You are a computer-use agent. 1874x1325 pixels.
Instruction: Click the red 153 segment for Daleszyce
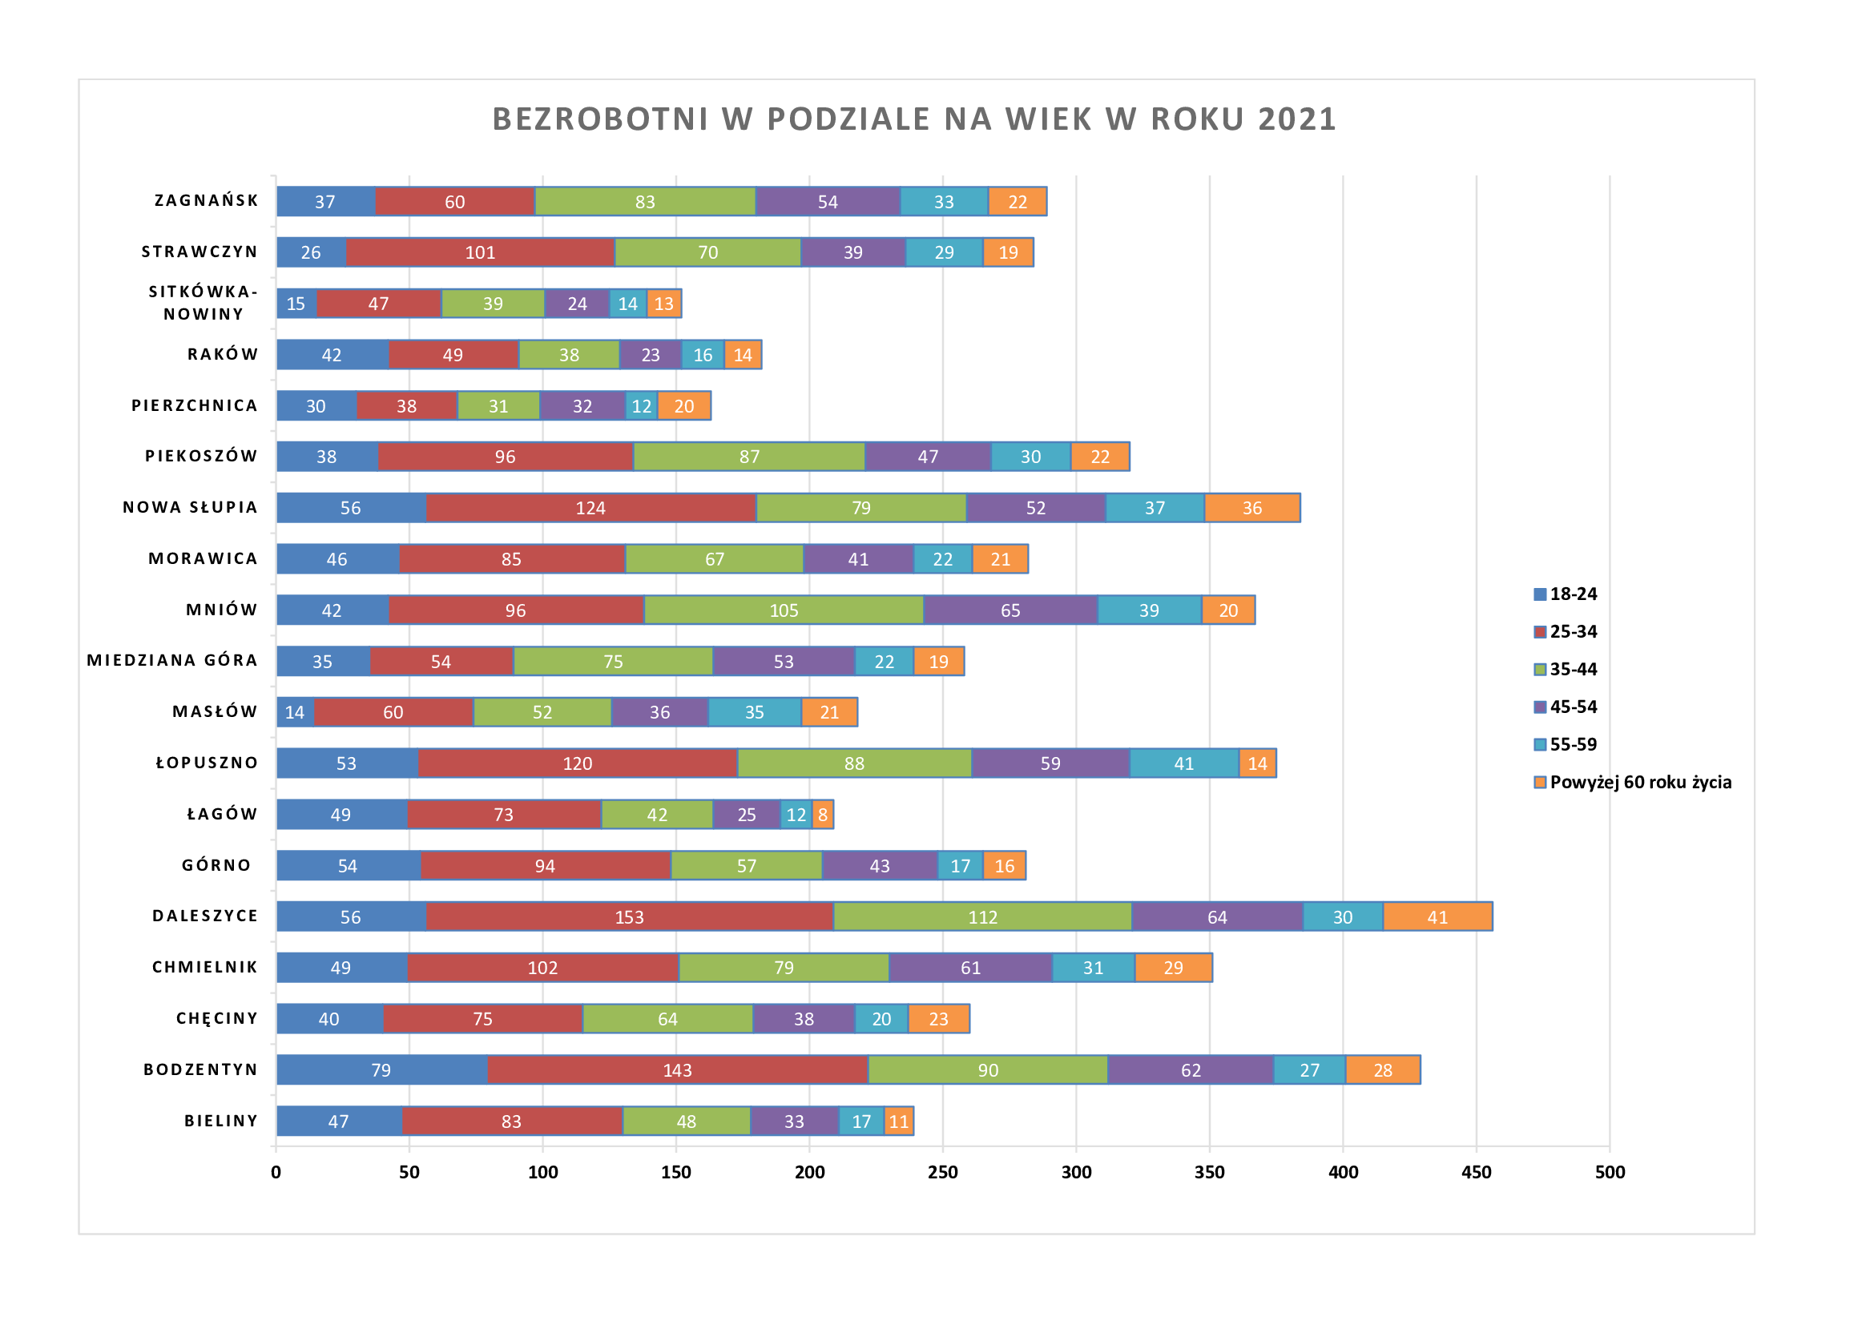coord(629,916)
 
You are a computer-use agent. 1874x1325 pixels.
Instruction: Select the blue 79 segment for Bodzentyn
coord(381,1069)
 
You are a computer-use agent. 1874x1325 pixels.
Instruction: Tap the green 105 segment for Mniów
coord(784,610)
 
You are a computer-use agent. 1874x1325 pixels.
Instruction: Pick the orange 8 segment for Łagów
coord(823,814)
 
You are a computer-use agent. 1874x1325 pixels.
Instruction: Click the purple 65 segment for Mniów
coord(1010,610)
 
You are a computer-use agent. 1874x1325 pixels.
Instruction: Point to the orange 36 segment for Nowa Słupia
coord(1252,507)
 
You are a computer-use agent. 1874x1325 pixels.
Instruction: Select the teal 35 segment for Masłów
coord(754,712)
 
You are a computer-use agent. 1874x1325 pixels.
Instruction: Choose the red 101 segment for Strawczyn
coord(480,252)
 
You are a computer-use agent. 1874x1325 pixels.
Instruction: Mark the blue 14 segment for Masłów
coord(295,712)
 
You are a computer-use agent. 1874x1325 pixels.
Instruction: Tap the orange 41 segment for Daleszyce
coord(1437,916)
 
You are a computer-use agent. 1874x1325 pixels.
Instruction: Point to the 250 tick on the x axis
coord(943,1173)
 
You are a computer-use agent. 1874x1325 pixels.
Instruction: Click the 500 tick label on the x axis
coord(1610,1173)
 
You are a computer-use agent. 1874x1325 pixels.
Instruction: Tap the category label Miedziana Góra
coord(172,660)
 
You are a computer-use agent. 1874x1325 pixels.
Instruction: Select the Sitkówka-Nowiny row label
coord(204,303)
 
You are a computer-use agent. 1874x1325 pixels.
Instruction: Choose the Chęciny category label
coord(217,1018)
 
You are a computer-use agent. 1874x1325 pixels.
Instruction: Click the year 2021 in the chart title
coord(1297,119)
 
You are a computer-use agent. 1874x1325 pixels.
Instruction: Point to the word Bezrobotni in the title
coord(601,119)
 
